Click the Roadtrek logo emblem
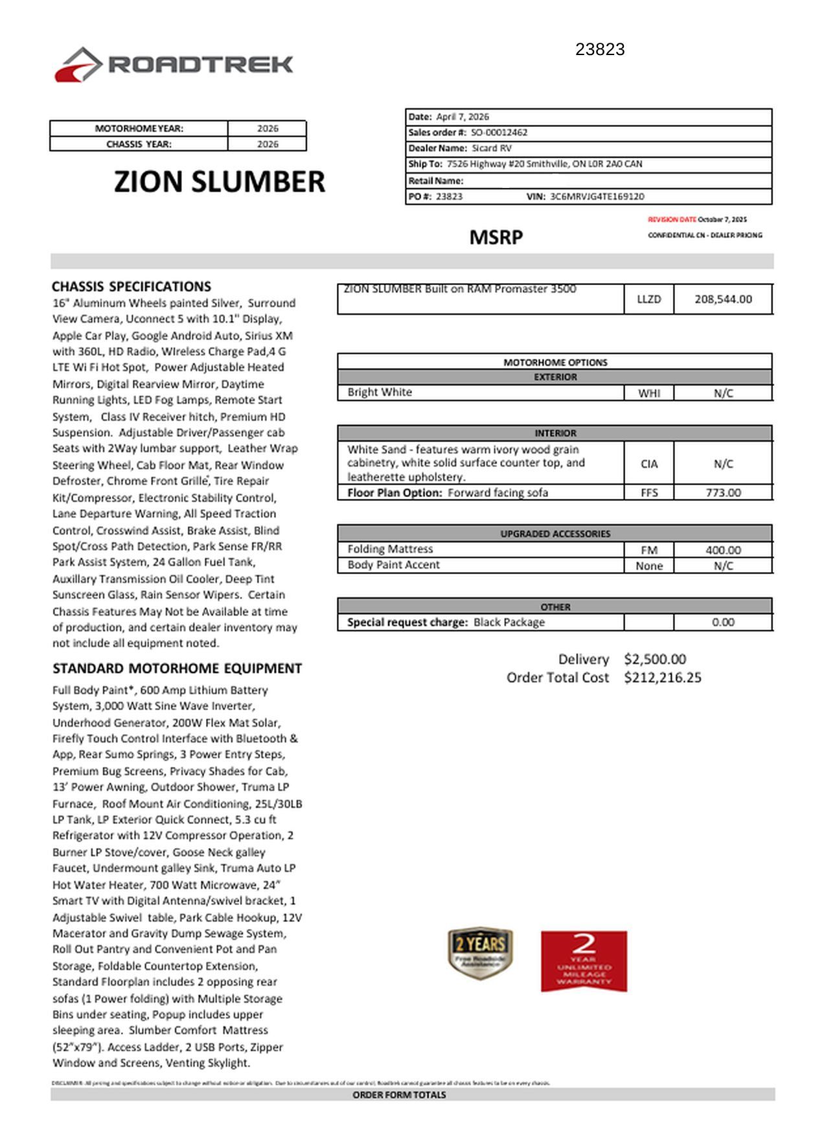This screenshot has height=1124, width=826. pyautogui.click(x=78, y=64)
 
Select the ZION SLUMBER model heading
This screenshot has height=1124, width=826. pyautogui.click(x=220, y=181)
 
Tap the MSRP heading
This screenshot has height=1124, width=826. pyautogui.click(x=496, y=237)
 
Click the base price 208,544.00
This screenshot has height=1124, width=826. pyautogui.click(x=723, y=299)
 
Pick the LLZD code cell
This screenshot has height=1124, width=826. pyautogui.click(x=648, y=299)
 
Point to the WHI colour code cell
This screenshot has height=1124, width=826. pyautogui.click(x=648, y=393)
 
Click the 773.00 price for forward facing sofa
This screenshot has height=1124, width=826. pyautogui.click(x=723, y=493)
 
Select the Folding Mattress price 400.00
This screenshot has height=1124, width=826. pyautogui.click(x=723, y=550)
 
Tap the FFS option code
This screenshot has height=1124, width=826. pyautogui.click(x=648, y=493)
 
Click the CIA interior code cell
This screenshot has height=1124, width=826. pyautogui.click(x=648, y=464)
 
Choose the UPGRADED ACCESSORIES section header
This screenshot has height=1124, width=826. pyautogui.click(x=555, y=534)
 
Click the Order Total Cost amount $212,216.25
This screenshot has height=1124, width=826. pyautogui.click(x=663, y=678)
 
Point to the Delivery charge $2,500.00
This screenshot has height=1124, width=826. pyautogui.click(x=655, y=659)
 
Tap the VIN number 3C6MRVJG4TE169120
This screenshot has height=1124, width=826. pyautogui.click(x=597, y=196)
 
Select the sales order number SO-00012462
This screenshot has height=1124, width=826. pyautogui.click(x=499, y=132)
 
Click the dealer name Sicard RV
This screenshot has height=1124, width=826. pyautogui.click(x=492, y=148)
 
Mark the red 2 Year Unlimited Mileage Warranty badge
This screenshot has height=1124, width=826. pyautogui.click(x=584, y=961)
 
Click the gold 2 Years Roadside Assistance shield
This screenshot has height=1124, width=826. pyautogui.click(x=480, y=952)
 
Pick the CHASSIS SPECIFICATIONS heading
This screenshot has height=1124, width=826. pyautogui.click(x=132, y=286)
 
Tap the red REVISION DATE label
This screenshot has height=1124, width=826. pyautogui.click(x=672, y=220)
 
